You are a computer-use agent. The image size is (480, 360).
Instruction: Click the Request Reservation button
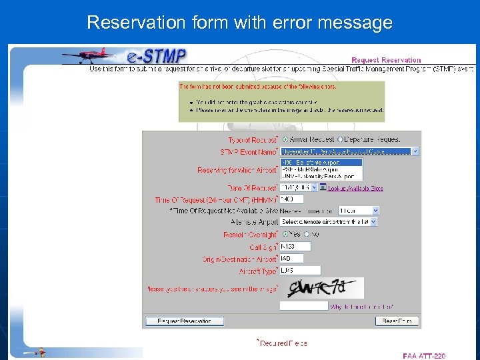(184, 321)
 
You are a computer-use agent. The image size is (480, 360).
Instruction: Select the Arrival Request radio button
(286, 139)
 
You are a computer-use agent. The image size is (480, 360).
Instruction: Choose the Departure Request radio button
(340, 139)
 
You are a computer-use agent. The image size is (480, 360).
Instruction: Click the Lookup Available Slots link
(355, 188)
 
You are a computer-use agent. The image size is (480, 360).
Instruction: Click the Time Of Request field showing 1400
(292, 199)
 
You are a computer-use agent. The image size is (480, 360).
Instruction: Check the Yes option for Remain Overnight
(286, 234)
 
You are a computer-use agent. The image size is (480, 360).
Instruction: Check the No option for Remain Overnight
(307, 234)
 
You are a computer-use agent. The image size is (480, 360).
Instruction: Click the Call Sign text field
(295, 247)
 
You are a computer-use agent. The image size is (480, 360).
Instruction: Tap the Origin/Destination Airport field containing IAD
(292, 258)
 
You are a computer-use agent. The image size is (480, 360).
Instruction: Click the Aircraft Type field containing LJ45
(300, 270)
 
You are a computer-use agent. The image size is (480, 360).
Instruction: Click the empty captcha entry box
(303, 305)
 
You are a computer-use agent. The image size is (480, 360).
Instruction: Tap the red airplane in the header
(87, 54)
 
